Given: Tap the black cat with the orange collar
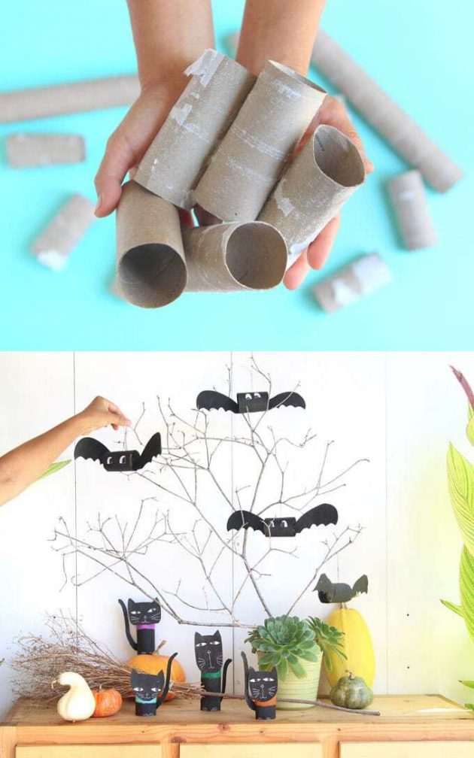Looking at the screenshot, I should click(262, 687).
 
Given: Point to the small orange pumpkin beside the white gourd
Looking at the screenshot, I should click(108, 702).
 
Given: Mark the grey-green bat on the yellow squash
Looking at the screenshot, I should click(341, 588).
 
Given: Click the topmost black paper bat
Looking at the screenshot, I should click(251, 402).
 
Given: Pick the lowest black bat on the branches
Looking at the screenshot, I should click(283, 522).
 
